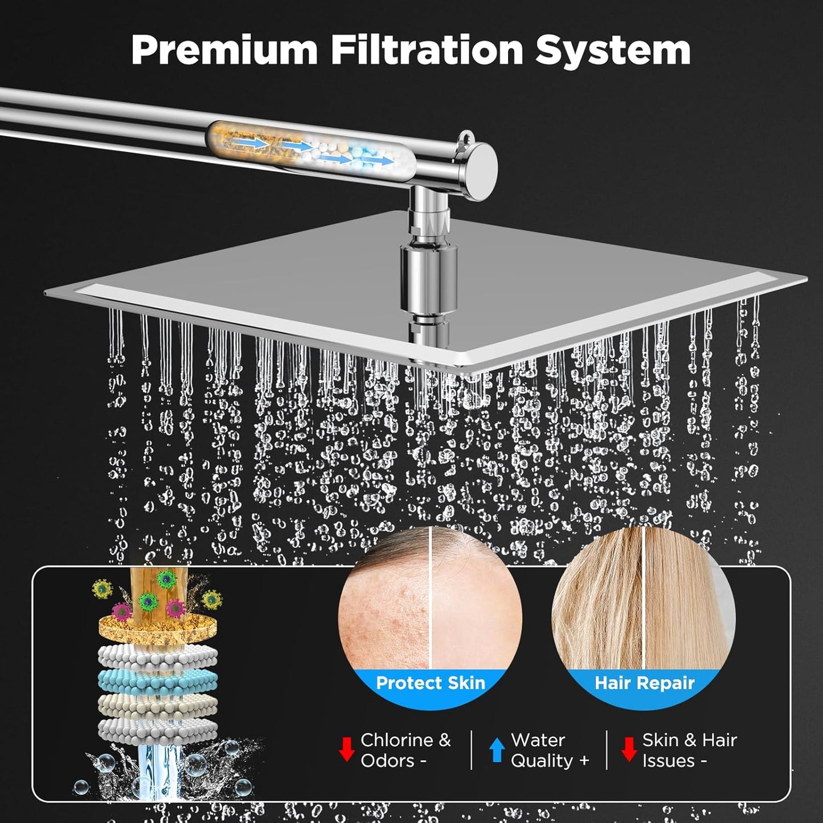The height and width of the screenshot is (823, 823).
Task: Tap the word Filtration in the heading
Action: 427,50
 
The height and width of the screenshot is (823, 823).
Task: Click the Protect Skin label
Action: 431,683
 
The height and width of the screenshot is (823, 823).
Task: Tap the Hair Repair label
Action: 644,683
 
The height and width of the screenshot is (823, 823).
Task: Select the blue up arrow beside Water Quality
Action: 497,750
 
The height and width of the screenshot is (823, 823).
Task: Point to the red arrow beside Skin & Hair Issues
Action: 629,750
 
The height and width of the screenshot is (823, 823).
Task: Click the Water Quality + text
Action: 549,750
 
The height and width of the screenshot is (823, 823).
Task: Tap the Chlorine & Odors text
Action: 405,750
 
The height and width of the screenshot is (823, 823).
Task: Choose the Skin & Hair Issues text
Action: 689,750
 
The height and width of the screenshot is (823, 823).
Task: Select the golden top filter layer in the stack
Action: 157,627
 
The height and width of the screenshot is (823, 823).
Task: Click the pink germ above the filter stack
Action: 122,611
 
